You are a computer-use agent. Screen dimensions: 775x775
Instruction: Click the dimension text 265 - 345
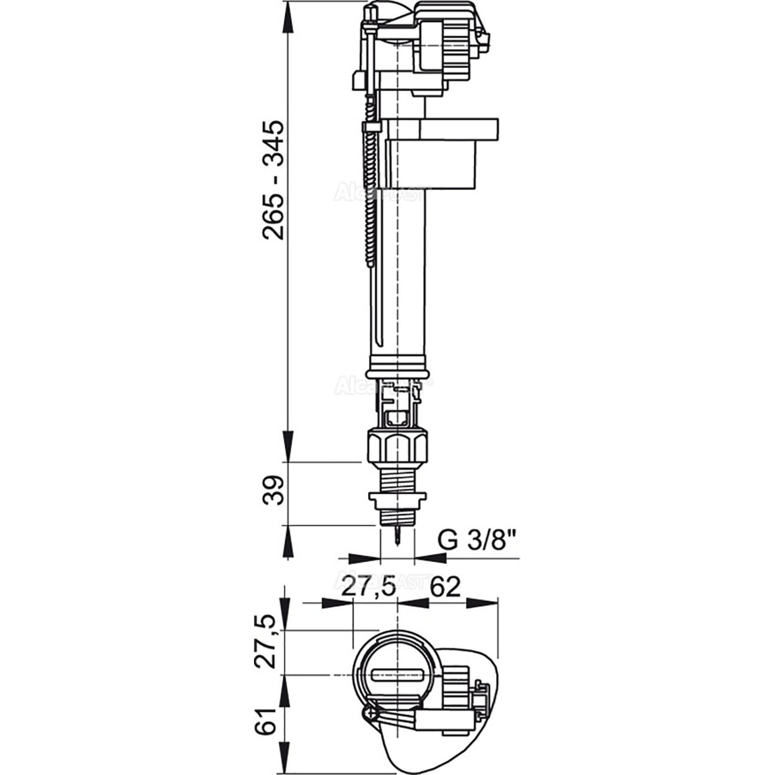pyautogui.click(x=274, y=181)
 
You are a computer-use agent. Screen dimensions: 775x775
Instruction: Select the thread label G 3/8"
pyautogui.click(x=477, y=540)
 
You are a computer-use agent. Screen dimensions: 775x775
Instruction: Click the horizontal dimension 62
pyautogui.click(x=445, y=587)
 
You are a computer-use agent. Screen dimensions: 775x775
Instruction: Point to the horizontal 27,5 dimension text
pyautogui.click(x=370, y=587)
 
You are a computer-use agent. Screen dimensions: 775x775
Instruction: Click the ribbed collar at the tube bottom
pyautogui.click(x=396, y=365)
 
